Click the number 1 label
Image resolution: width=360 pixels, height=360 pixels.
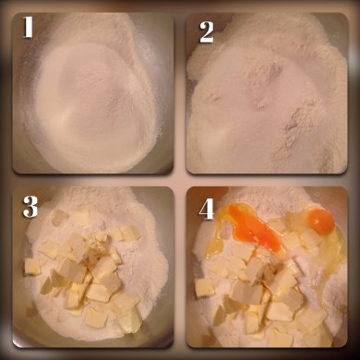28,27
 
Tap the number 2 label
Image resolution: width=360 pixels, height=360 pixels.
207,32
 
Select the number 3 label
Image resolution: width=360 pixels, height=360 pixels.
30,207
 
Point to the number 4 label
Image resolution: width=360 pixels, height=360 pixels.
207,210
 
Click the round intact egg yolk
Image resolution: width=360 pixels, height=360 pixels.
321,221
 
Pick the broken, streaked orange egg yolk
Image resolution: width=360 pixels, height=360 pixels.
253,228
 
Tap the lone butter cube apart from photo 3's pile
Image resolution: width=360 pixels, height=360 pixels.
32,267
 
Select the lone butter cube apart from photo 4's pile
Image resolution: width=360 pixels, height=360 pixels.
204,288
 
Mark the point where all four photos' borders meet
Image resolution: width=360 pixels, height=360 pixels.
180,181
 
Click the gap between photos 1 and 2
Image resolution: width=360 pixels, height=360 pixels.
180,93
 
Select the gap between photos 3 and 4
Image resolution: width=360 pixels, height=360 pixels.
180,267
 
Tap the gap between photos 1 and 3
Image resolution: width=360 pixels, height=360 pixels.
93,181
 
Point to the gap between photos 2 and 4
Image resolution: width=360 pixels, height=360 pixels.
267,181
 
